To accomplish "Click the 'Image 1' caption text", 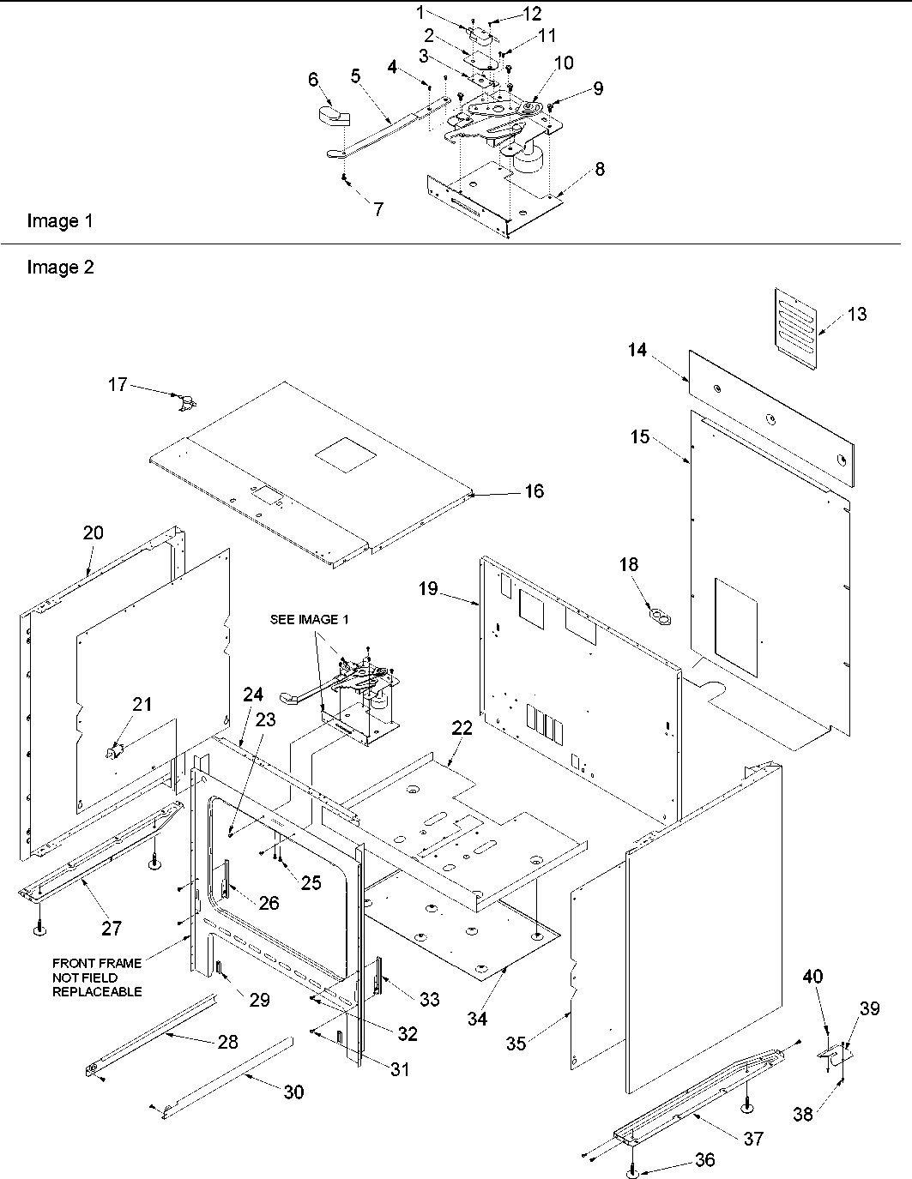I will (59, 221).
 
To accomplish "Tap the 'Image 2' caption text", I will (60, 268).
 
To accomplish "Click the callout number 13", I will (856, 315).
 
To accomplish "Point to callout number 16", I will (534, 491).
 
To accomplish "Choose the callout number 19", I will (428, 589).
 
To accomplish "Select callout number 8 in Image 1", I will (599, 169).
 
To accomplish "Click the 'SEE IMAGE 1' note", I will (298, 619).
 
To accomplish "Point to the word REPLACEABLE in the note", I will (97, 991).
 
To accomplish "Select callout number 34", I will (477, 1019).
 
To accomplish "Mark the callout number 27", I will (112, 928).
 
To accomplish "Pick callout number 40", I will (812, 976).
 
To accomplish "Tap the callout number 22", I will (462, 728).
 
